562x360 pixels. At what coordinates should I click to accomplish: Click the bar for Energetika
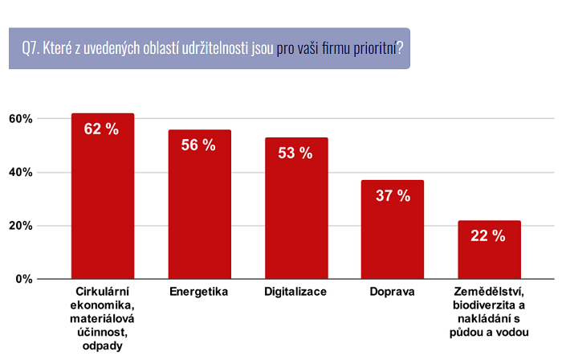(x=199, y=209)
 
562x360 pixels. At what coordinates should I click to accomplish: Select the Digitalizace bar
(x=296, y=213)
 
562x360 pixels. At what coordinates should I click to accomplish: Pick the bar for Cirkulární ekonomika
(x=103, y=201)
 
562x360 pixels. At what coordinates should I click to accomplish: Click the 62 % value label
(x=102, y=129)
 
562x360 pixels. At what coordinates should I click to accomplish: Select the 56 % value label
(x=199, y=145)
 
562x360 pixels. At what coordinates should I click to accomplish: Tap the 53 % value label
(x=295, y=153)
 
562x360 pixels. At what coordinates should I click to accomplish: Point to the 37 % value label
(x=393, y=195)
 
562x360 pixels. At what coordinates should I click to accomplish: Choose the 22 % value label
(x=489, y=235)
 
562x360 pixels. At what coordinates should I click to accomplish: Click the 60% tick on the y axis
(x=20, y=119)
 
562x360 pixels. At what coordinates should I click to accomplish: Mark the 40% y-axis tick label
(x=20, y=172)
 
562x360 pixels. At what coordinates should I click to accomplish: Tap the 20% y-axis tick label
(x=20, y=226)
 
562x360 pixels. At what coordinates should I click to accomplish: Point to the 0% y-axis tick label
(x=23, y=279)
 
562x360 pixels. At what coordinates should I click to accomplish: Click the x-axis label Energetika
(x=199, y=291)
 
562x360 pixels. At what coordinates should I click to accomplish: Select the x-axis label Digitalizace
(x=295, y=291)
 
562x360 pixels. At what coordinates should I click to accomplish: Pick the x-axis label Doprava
(x=393, y=291)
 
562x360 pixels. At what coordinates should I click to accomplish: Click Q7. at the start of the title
(x=31, y=48)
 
